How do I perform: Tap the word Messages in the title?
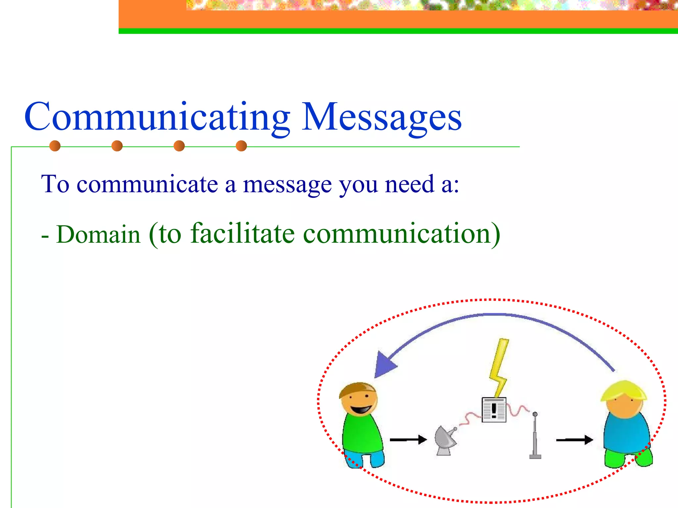[x=381, y=117]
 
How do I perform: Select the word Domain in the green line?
[x=98, y=234]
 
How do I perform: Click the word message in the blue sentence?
[x=287, y=184]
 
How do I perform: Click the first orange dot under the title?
[x=55, y=146]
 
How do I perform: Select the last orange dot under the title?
[x=241, y=146]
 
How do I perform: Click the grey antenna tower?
[x=535, y=437]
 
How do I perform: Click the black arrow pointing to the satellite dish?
[x=408, y=440]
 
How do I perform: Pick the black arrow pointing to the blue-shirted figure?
[x=574, y=440]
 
